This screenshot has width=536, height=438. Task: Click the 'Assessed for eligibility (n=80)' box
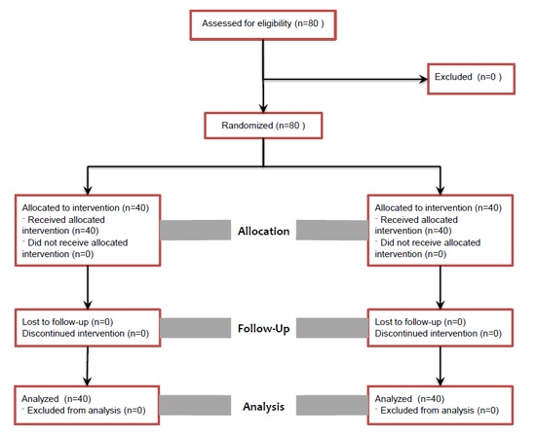pos(263,22)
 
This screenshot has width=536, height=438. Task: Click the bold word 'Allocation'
pos(264,232)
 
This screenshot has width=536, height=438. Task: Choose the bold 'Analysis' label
pos(264,403)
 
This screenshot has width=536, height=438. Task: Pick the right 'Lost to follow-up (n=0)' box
pos(440,327)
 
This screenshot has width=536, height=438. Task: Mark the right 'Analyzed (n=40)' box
pos(440,404)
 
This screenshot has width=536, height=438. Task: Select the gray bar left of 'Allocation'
pos(195,232)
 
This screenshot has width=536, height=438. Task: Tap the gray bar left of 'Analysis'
pos(195,403)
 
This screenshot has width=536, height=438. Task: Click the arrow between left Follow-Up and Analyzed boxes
pos(89,367)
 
